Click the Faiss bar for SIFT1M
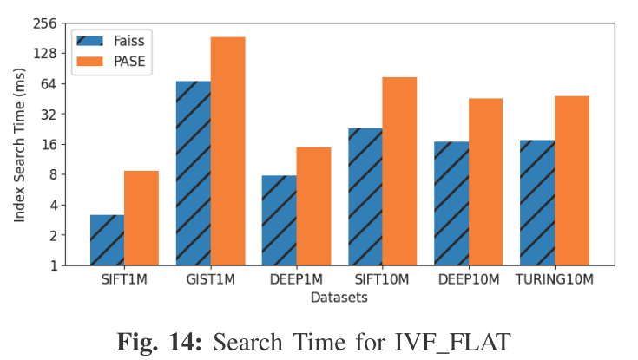pyautogui.click(x=107, y=240)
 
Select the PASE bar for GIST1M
pyautogui.click(x=227, y=151)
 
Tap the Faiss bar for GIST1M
pyautogui.click(x=193, y=173)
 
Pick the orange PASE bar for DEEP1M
pyautogui.click(x=313, y=206)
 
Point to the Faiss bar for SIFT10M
pyautogui.click(x=365, y=197)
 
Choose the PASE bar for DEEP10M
pyautogui.click(x=485, y=182)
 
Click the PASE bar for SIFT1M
pyautogui.click(x=141, y=218)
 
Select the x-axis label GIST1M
pyautogui.click(x=210, y=279)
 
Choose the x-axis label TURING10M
pyautogui.click(x=554, y=279)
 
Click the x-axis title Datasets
pyautogui.click(x=339, y=297)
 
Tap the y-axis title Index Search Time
pyautogui.click(x=18, y=146)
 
